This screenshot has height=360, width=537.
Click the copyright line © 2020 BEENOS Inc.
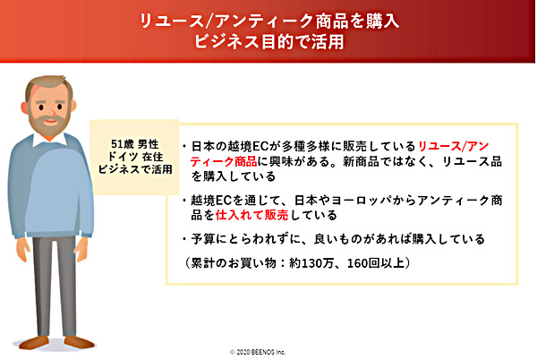tap(258, 352)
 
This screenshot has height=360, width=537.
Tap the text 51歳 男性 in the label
tap(135, 144)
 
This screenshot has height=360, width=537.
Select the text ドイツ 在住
tap(135, 157)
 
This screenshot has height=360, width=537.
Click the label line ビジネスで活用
tap(135, 169)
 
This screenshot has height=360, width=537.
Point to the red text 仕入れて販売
tap(252, 215)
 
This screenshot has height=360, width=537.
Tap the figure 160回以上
tap(376, 263)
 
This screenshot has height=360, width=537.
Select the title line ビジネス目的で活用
tap(269, 42)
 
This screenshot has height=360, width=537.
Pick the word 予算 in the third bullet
tap(203, 239)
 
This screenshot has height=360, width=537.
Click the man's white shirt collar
tap(50, 139)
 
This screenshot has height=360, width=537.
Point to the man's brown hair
tap(49, 85)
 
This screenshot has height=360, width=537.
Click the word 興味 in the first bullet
tap(282, 161)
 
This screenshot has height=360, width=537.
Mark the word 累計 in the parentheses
tap(203, 263)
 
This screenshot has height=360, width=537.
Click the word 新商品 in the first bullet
tap(362, 161)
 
